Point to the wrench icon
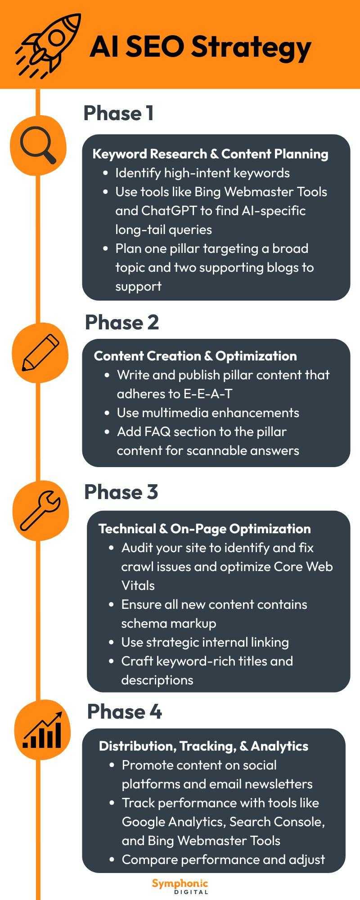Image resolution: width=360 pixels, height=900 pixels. [x=40, y=510]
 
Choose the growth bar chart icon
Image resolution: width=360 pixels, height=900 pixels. [x=42, y=730]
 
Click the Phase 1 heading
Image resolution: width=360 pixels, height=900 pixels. [x=119, y=113]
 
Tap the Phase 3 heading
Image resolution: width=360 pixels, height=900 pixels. [x=121, y=491]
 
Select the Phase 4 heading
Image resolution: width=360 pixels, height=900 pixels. [x=124, y=711]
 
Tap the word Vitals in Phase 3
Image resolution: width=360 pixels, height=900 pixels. [x=138, y=585]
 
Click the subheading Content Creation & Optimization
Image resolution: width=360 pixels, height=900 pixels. [x=195, y=356]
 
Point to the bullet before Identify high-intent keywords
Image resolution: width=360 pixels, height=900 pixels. [x=106, y=173]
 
